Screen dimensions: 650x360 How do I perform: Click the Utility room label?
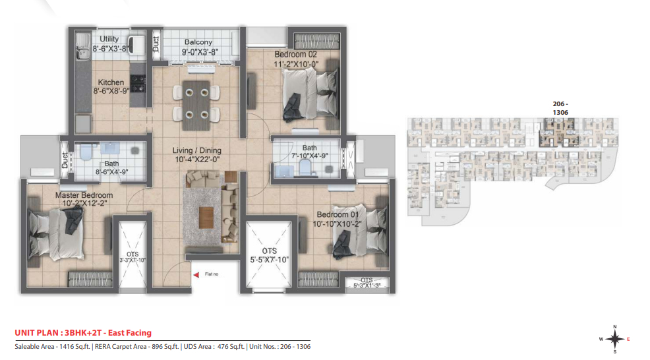109,39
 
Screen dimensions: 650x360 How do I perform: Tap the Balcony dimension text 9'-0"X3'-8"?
200,52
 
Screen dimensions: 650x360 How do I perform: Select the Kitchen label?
111,82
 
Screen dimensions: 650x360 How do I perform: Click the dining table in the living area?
196,104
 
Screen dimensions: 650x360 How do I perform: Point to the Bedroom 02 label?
295,54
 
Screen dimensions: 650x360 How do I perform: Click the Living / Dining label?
197,150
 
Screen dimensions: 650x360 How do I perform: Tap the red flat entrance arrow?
196,274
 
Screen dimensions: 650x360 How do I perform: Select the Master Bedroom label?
84,195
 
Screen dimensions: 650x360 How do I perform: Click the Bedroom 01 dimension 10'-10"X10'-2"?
337,224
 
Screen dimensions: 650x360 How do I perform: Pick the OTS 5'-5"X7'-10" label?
269,255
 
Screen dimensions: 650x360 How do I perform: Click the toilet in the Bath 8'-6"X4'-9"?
86,152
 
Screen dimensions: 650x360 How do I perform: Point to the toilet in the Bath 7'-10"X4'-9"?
305,167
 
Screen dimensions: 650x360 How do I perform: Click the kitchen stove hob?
138,82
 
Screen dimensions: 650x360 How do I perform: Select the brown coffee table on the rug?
206,218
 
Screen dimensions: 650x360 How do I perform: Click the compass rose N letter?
615,327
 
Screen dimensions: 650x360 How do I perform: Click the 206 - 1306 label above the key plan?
560,108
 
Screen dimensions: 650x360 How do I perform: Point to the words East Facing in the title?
130,332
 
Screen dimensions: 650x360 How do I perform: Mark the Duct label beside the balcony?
156,44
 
